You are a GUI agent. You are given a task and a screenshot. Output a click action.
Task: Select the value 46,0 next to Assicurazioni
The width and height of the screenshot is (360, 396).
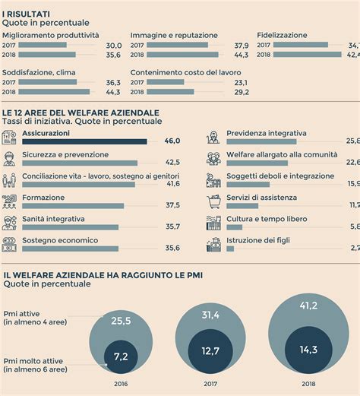pyautogui.click(x=172, y=141)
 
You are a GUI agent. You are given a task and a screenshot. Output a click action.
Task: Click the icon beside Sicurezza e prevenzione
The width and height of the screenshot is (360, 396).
pyautogui.click(x=9, y=159)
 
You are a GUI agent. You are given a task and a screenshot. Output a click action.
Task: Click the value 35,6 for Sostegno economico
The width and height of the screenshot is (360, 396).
pyautogui.click(x=172, y=248)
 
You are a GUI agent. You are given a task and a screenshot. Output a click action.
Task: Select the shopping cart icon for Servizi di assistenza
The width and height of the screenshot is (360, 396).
pyautogui.click(x=213, y=202)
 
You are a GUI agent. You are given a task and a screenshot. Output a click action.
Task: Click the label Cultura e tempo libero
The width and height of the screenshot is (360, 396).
pyautogui.click(x=268, y=218)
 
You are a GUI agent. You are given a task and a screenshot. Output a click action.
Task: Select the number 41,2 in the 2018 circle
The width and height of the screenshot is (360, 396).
pyautogui.click(x=308, y=306)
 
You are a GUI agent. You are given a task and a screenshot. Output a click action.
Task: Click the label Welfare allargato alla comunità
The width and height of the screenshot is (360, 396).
pyautogui.click(x=280, y=154)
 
